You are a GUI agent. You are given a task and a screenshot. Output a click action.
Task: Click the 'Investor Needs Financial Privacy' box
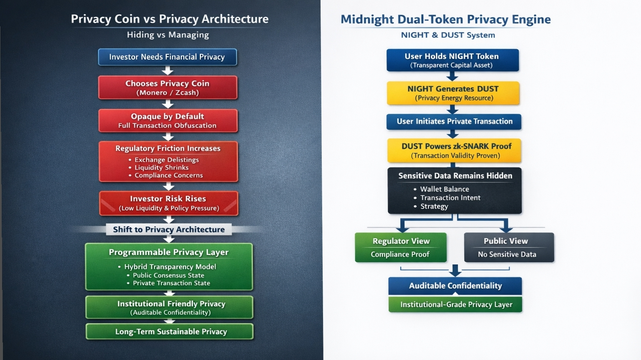click(167, 57)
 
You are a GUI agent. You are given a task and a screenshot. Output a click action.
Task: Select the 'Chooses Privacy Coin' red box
click(168, 88)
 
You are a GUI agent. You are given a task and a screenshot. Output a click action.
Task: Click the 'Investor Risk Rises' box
click(169, 203)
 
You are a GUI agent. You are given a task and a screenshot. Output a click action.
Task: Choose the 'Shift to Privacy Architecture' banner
click(169, 229)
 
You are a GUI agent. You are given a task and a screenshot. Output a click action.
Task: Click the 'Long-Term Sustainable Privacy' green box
click(169, 331)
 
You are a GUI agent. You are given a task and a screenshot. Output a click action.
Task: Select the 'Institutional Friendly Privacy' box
click(169, 307)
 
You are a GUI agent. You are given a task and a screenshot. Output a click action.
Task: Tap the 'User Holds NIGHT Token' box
click(453, 60)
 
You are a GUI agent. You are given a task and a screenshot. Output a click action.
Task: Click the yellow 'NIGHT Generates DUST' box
click(453, 93)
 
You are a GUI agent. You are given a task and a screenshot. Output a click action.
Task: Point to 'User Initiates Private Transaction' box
click(454, 121)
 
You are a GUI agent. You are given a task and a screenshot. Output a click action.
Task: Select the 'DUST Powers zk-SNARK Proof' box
click(454, 151)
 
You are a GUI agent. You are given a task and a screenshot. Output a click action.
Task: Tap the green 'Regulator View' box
click(401, 247)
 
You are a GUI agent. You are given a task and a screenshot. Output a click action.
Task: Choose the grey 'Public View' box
click(509, 247)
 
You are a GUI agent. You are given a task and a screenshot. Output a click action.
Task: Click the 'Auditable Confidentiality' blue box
click(455, 286)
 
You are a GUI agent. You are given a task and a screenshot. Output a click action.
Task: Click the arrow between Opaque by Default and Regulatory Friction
click(168, 137)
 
